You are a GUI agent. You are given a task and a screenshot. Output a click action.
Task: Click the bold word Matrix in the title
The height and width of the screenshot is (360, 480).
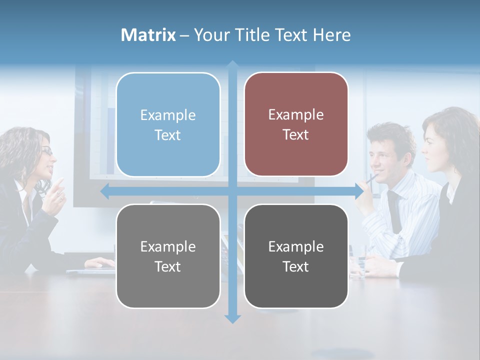(x=148, y=35)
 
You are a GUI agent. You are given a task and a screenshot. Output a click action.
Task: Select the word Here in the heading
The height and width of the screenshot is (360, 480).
(x=331, y=35)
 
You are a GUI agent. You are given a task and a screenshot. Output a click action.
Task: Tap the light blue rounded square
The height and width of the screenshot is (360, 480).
(x=168, y=124)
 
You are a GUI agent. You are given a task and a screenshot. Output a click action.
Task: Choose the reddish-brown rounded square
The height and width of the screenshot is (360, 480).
(x=296, y=124)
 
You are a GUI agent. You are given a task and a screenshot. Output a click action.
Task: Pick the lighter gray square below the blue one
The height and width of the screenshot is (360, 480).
(x=168, y=256)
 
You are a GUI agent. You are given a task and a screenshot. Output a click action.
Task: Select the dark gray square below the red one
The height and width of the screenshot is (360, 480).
(x=296, y=256)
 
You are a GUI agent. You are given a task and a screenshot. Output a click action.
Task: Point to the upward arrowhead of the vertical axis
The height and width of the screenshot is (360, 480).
(x=232, y=65)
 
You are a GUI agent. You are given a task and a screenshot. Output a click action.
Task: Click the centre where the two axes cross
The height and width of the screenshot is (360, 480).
(x=232, y=191)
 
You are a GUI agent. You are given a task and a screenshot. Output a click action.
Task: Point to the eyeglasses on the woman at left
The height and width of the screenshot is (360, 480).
(x=46, y=150)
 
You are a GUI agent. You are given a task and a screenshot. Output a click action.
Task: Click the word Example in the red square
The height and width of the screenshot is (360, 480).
(x=296, y=115)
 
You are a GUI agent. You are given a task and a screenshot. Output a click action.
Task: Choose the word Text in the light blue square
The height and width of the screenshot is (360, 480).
(x=168, y=135)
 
